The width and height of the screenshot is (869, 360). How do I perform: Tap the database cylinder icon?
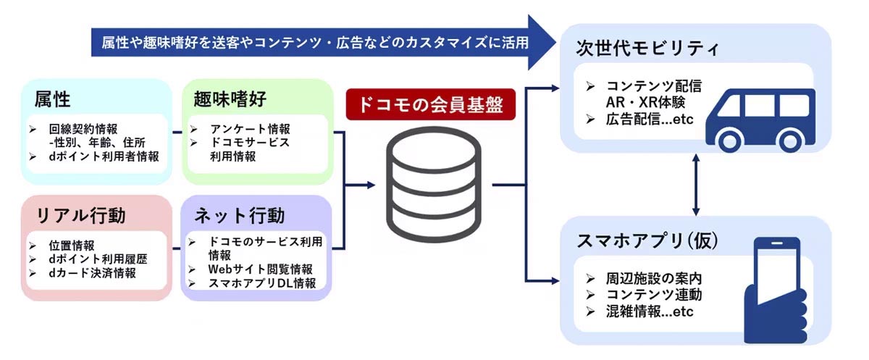(x=432, y=181)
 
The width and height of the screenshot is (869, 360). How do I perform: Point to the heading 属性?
(x=53, y=98)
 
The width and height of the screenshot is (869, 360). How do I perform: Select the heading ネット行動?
(x=240, y=215)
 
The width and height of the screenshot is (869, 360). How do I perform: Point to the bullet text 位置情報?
(x=72, y=246)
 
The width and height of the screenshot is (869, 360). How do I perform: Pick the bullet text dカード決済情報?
(x=93, y=274)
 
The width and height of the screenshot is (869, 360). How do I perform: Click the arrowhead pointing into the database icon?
(x=371, y=185)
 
